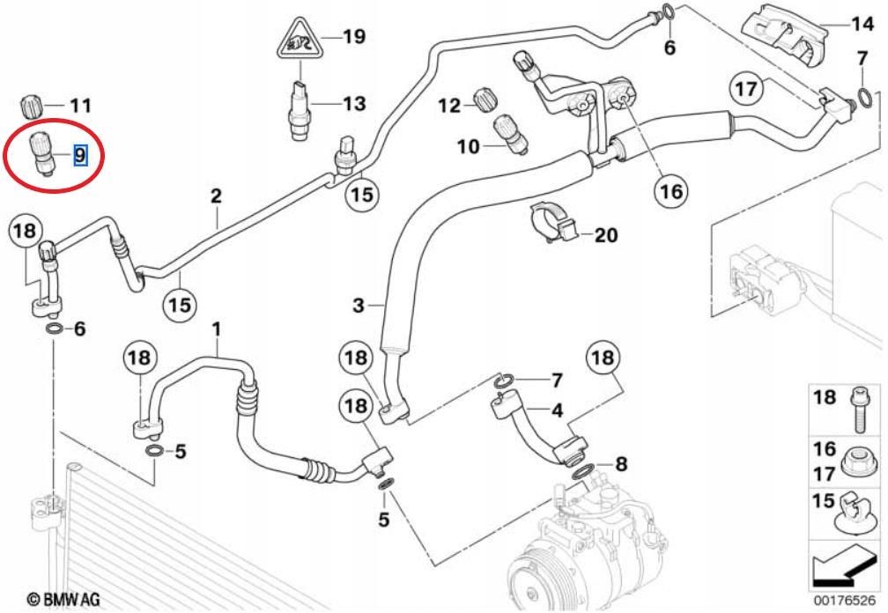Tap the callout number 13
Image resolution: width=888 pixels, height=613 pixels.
354,104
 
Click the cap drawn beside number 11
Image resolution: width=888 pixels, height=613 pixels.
32,106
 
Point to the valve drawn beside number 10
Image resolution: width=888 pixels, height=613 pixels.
510,135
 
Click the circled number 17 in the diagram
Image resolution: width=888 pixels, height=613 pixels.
746,89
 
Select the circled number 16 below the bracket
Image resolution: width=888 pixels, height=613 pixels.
671,191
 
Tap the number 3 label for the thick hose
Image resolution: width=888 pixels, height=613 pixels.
358,305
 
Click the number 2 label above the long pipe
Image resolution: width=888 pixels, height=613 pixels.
216,196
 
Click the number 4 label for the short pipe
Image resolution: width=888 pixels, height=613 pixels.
557,410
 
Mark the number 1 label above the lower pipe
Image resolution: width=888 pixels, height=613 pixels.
216,329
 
